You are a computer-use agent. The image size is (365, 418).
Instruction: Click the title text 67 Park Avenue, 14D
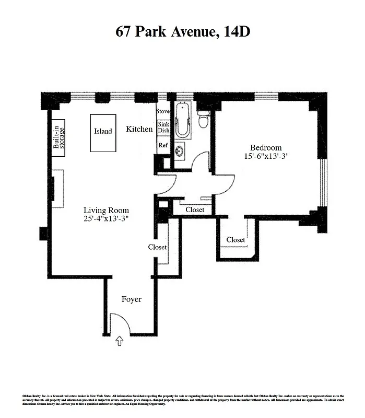pos(183,31)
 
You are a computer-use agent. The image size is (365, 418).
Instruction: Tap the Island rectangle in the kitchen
pos(103,133)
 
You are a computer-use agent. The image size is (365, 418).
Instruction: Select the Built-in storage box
pos(59,137)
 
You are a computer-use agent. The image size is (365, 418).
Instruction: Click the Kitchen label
pos(139,129)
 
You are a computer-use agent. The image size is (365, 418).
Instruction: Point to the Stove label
pos(163,111)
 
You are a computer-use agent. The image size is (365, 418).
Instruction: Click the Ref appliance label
pos(163,145)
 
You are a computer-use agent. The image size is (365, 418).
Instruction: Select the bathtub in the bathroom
pos(183,121)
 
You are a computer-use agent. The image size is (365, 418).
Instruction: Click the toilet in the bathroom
pos(204,119)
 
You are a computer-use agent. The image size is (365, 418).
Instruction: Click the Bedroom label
pos(266,148)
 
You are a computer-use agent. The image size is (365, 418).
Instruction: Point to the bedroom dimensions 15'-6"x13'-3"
pos(266,156)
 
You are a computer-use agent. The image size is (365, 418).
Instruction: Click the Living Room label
pos(107,211)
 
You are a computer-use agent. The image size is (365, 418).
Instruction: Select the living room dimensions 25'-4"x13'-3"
pos(107,219)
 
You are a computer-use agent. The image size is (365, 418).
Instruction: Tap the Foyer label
pos(132,299)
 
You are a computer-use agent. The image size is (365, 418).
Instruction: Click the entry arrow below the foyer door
pos(120,341)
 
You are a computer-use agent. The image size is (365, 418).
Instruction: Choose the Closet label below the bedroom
pos(236,240)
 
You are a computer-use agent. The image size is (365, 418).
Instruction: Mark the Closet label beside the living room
pos(157,247)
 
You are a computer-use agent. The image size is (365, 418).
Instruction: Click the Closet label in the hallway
pos(195,210)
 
